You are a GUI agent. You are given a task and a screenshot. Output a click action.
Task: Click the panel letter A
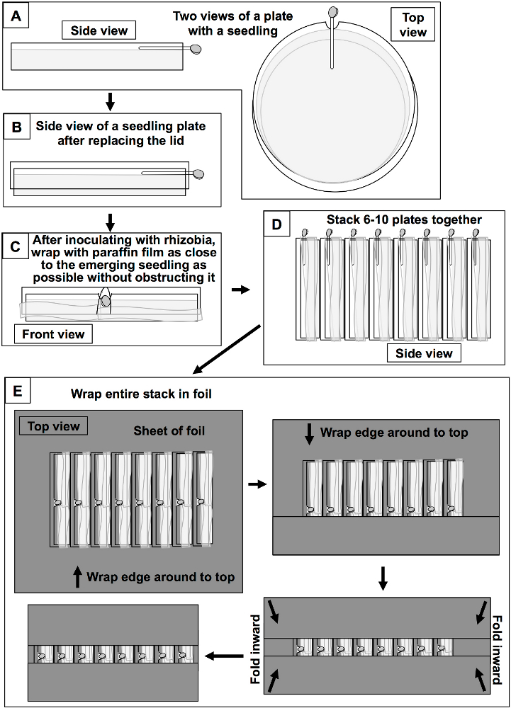point(16,17)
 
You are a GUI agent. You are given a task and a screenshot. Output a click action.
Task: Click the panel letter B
point(17,127)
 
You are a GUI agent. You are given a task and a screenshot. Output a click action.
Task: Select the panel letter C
point(16,246)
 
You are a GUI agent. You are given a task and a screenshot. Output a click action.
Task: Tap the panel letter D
point(276,224)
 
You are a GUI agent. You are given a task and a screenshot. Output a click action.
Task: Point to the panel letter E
point(18,391)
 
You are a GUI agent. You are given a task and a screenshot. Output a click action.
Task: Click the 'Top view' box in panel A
point(412,24)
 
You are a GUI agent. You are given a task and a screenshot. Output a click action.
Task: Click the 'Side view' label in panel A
point(99,30)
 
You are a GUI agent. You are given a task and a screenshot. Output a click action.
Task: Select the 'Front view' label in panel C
point(53,334)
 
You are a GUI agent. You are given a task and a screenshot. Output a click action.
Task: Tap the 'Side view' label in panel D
point(424,353)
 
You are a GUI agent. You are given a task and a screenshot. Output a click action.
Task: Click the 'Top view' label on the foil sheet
point(53,426)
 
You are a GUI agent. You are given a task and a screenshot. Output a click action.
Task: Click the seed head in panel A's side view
point(196,50)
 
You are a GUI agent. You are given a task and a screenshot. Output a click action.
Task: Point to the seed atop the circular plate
point(334,11)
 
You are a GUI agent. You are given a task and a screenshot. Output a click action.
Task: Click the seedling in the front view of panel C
point(105,301)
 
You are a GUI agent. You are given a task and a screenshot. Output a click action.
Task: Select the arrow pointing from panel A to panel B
point(110,102)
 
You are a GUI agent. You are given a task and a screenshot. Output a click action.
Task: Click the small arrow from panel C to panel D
point(240,290)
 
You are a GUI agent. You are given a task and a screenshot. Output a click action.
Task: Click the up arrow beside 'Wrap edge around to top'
point(78,577)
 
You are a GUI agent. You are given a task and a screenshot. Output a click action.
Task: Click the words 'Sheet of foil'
point(169,430)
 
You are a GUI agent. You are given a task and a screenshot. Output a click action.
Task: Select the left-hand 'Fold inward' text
point(256,649)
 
